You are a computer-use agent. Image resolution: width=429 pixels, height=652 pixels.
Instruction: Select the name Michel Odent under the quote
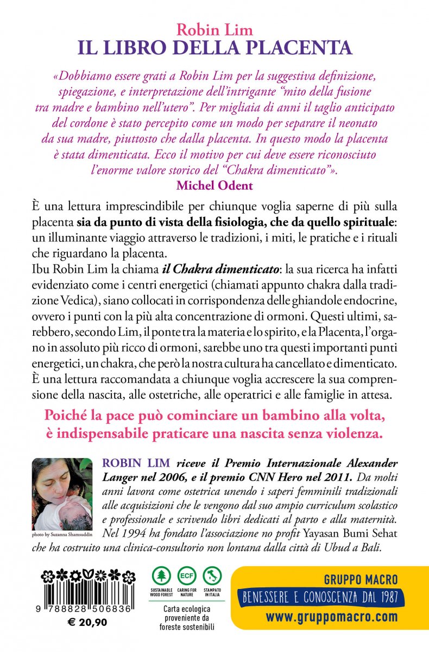[x=214, y=185]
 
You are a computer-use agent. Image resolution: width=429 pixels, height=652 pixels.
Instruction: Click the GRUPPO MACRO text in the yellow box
[x=361, y=579]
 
